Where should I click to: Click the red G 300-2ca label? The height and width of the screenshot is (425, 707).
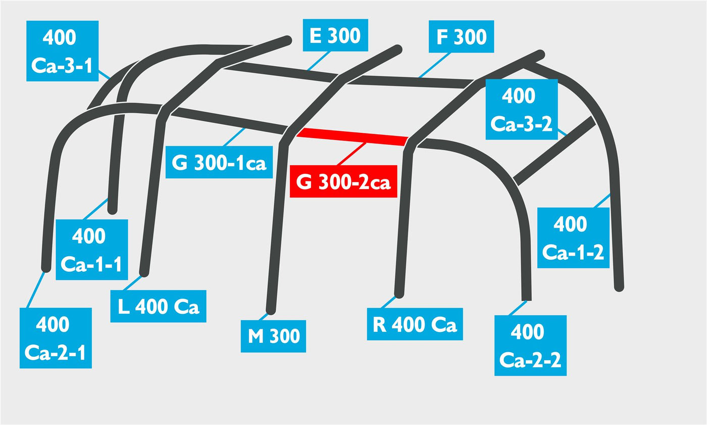[343, 181]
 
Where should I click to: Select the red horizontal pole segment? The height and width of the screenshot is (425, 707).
[352, 137]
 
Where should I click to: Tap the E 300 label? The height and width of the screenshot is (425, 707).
[335, 35]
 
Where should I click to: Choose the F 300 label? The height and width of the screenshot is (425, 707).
[461, 36]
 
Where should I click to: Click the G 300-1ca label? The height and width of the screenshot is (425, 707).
[219, 162]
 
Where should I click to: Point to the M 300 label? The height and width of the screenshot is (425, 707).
[273, 336]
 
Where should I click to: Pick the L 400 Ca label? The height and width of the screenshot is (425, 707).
[158, 306]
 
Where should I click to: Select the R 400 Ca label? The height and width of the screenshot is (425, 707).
[415, 324]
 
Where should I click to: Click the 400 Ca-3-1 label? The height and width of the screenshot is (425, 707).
[63, 51]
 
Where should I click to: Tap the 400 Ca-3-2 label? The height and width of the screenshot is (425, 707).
[522, 109]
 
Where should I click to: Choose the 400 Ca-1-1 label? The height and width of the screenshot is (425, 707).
[92, 250]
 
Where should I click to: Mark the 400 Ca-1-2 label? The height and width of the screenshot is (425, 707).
[573, 238]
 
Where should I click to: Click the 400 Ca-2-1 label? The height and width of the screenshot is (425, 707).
[56, 338]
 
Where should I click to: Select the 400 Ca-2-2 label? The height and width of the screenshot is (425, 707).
[531, 346]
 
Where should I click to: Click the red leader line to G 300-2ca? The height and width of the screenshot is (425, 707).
[351, 154]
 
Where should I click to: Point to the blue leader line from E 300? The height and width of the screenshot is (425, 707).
[318, 61]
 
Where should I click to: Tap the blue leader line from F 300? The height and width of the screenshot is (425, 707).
[434, 65]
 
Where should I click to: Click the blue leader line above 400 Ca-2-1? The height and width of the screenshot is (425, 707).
[35, 290]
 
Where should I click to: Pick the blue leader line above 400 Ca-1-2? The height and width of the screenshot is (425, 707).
[602, 201]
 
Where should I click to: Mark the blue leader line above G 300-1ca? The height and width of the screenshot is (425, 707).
[234, 137]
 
